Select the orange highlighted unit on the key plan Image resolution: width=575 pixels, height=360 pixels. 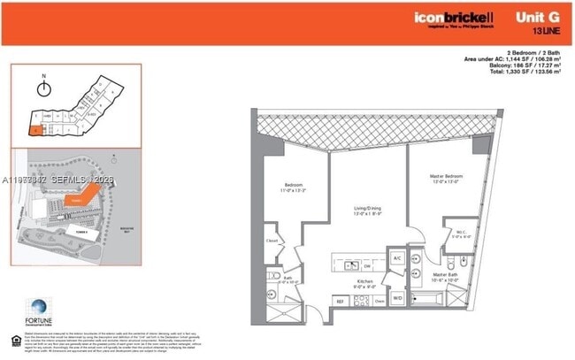(34, 130)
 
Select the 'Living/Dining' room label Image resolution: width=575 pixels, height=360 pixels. (366, 210)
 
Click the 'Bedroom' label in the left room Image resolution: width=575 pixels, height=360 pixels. (293, 185)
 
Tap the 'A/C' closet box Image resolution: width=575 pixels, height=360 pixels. (397, 257)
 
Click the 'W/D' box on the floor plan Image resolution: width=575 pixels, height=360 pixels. (397, 299)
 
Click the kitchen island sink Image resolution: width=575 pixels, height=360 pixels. (367, 263)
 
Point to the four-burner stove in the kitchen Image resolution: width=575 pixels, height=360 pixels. (362, 300)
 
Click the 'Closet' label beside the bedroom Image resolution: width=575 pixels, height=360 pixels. (274, 241)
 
